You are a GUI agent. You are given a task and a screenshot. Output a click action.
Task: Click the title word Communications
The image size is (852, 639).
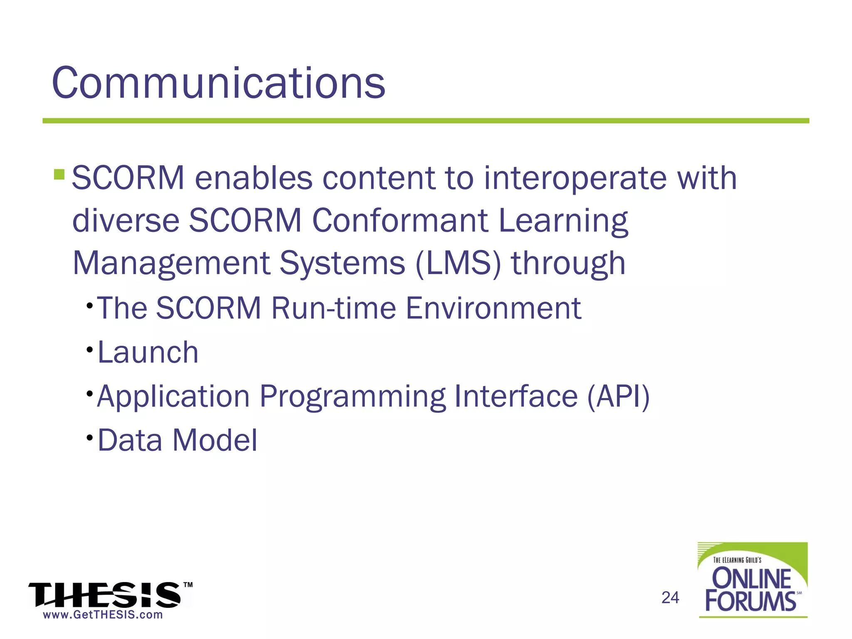point(218,83)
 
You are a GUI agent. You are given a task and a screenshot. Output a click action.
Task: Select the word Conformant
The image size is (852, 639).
point(399,220)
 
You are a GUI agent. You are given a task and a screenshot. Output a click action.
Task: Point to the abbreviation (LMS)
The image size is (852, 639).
point(458,263)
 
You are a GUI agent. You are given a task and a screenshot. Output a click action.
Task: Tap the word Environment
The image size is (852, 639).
point(493,308)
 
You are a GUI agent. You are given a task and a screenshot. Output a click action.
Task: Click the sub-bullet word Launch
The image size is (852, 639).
point(148,352)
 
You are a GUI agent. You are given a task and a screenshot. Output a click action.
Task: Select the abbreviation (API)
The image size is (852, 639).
point(618,396)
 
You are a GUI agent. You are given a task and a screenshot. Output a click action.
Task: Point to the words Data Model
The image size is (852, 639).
point(178,440)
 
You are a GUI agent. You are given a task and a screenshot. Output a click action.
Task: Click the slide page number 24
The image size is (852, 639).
point(670,598)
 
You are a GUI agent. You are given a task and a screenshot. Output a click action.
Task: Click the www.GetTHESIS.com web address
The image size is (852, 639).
point(103,615)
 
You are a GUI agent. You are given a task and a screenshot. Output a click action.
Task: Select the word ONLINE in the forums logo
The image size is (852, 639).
point(751,579)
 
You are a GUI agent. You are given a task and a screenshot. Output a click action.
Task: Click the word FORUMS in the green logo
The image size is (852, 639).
point(750,601)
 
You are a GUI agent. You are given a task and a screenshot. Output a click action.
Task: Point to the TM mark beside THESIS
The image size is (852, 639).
point(188,585)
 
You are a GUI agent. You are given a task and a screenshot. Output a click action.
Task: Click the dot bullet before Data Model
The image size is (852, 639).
point(89,438)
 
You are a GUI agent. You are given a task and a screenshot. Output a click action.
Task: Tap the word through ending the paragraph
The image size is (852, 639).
point(568,263)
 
